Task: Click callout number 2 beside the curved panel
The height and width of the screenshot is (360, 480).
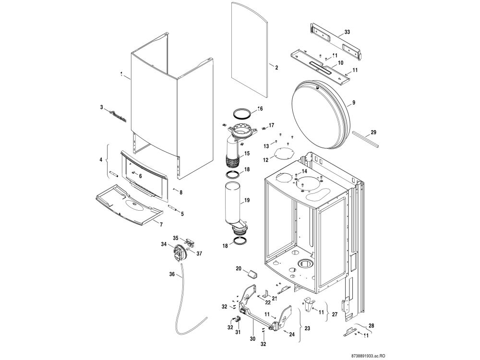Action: (x=276, y=68)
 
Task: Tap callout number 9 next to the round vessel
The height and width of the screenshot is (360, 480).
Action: (x=353, y=102)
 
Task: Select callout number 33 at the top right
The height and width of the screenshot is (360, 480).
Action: (x=347, y=33)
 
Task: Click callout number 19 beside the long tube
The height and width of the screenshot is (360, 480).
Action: (x=247, y=200)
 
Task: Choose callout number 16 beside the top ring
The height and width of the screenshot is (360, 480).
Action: (x=260, y=109)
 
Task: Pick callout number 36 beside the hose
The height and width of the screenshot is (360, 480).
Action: (x=172, y=275)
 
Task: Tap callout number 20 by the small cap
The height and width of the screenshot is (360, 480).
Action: (x=238, y=269)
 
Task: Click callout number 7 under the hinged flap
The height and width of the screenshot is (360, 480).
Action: (x=161, y=225)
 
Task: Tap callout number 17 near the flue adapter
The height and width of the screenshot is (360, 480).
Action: (x=272, y=125)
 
